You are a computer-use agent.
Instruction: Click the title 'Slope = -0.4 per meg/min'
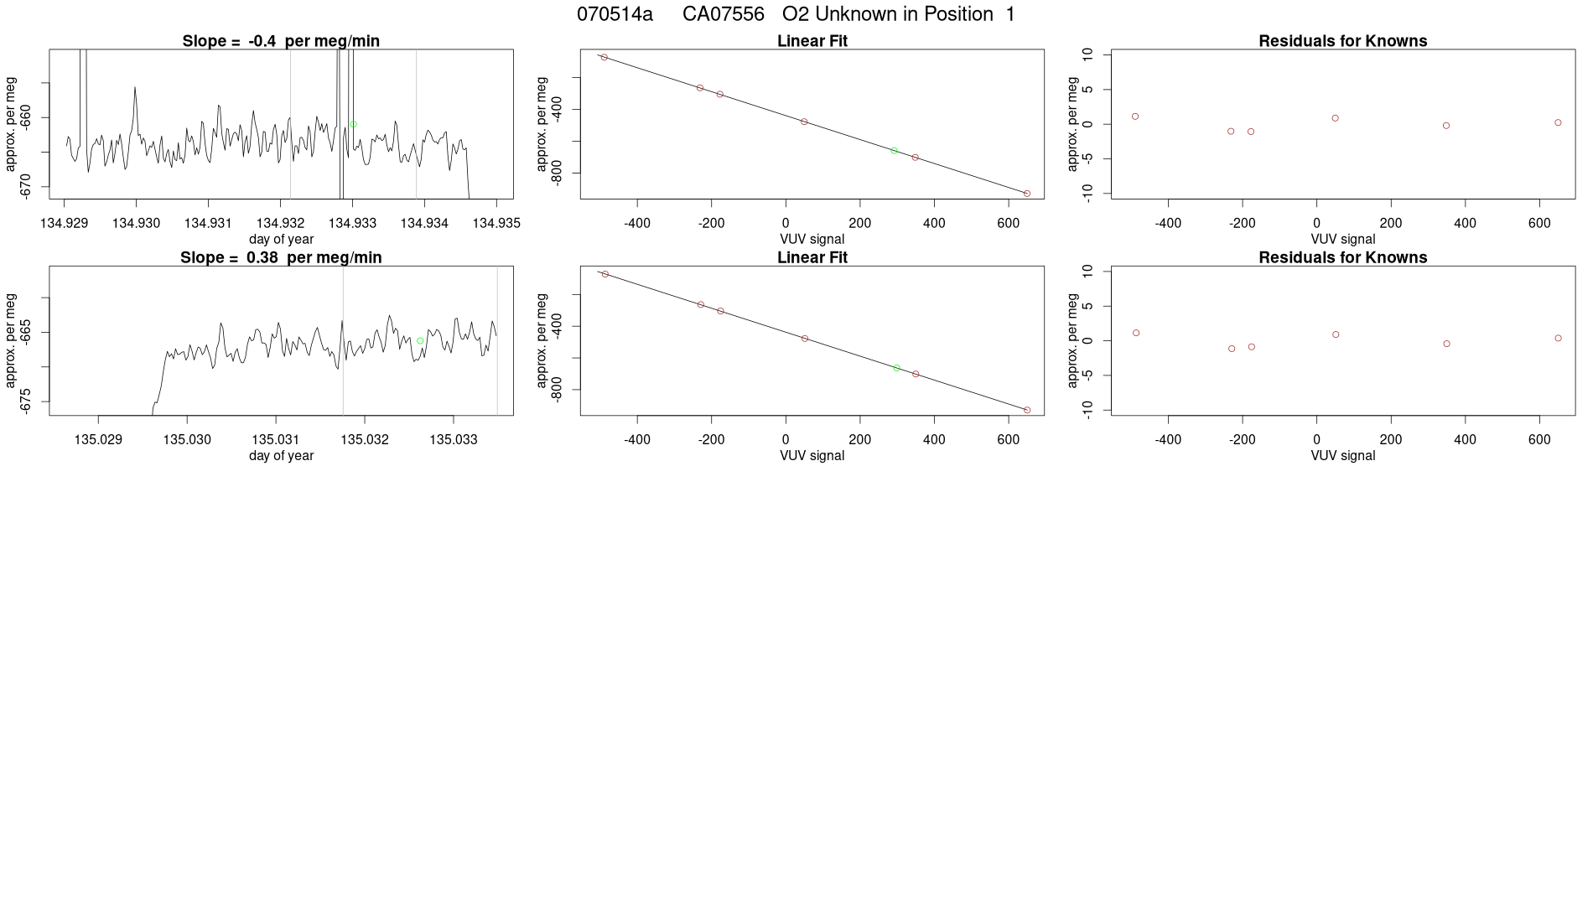[x=281, y=41]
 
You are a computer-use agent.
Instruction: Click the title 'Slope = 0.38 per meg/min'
[x=281, y=257]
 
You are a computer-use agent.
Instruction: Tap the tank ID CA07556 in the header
[x=723, y=14]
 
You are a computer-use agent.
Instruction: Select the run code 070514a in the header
[x=615, y=14]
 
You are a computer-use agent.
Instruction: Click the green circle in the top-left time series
[x=353, y=124]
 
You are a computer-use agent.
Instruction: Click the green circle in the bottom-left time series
[x=420, y=341]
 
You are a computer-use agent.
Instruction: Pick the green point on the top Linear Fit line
[x=895, y=151]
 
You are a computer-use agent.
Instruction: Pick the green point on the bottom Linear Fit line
[x=896, y=368]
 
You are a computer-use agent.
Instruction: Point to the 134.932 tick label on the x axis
[x=280, y=223]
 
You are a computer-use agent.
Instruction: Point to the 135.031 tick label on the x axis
[x=276, y=439]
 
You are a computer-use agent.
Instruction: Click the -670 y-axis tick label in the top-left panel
[x=26, y=186]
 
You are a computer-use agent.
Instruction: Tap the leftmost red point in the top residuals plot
[x=1135, y=117]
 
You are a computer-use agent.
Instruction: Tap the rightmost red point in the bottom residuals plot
[x=1558, y=339]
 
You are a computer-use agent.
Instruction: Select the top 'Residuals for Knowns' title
[x=1342, y=41]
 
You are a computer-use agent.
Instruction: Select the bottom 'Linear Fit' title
[x=812, y=257]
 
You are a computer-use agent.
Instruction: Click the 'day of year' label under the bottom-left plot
[x=281, y=456]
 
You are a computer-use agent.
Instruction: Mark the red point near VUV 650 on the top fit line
[x=1027, y=194]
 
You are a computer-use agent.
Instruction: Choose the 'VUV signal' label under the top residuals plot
[x=1342, y=240]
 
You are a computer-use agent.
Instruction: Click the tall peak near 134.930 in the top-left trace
[x=135, y=87]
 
